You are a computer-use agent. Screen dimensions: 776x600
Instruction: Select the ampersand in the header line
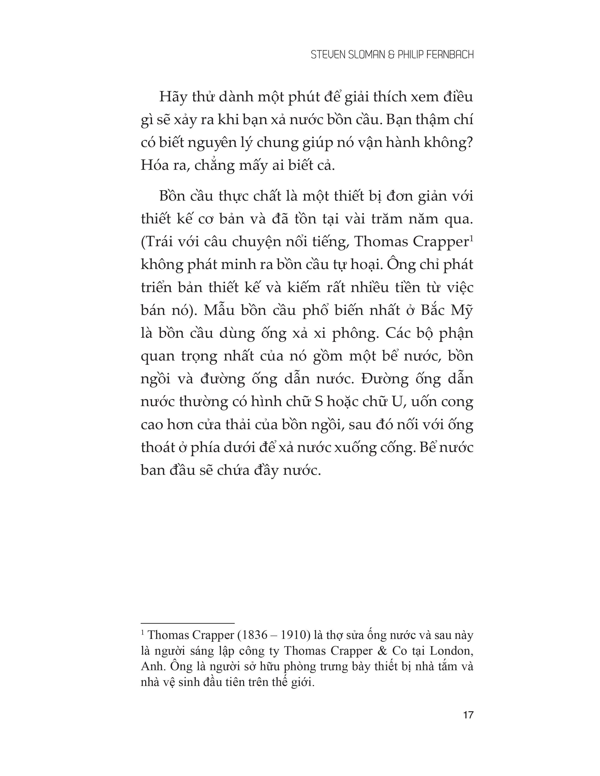pyautogui.click(x=391, y=55)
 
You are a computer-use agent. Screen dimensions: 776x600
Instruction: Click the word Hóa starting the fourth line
pyautogui.click(x=152, y=166)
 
